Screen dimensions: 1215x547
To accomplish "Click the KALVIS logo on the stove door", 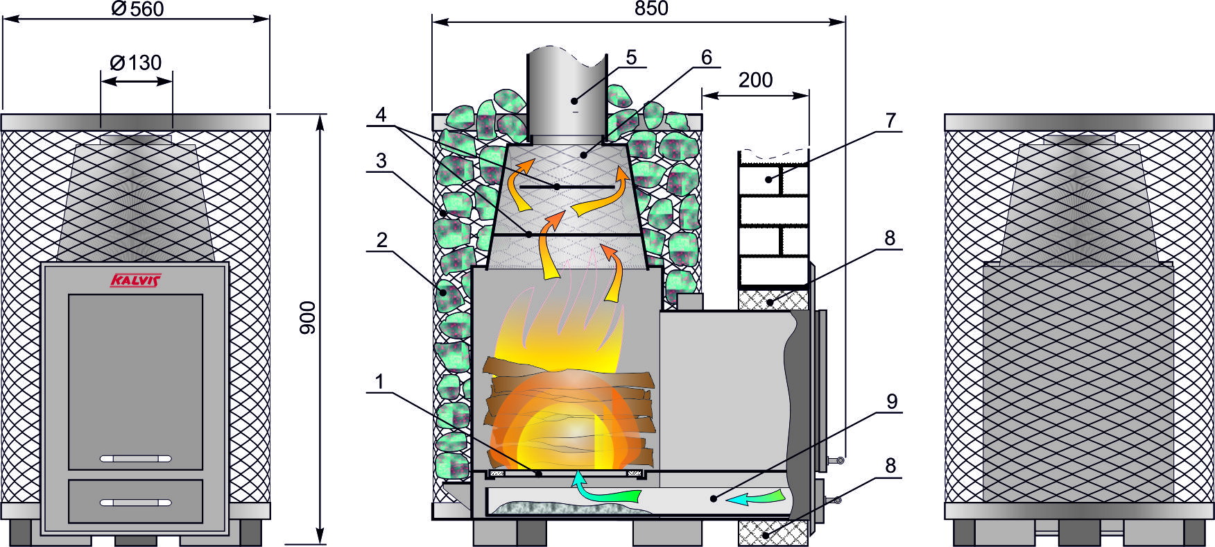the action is (135, 280).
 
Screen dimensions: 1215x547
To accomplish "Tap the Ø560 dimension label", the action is (137, 8).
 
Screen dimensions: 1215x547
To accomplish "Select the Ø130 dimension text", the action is (136, 62).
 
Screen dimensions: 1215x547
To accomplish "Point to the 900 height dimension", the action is (307, 317).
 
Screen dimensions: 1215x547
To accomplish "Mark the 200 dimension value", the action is (755, 81).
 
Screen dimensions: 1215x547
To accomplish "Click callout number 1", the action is (379, 382).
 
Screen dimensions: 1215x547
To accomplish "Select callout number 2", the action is (381, 241).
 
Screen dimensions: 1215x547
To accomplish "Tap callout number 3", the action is (381, 161).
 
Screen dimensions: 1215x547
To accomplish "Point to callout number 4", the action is (381, 115).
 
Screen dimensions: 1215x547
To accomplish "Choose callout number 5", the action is (630, 57).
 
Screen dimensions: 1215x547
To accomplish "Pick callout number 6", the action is (706, 57).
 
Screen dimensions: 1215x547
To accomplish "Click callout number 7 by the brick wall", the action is (890, 121).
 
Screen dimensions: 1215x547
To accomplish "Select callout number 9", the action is (892, 401).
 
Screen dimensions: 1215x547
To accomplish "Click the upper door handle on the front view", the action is (136, 459).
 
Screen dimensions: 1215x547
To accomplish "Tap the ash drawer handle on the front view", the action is (136, 502).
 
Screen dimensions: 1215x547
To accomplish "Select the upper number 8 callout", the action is (890, 238).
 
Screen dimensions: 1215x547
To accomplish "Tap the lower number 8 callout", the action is (890, 465).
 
